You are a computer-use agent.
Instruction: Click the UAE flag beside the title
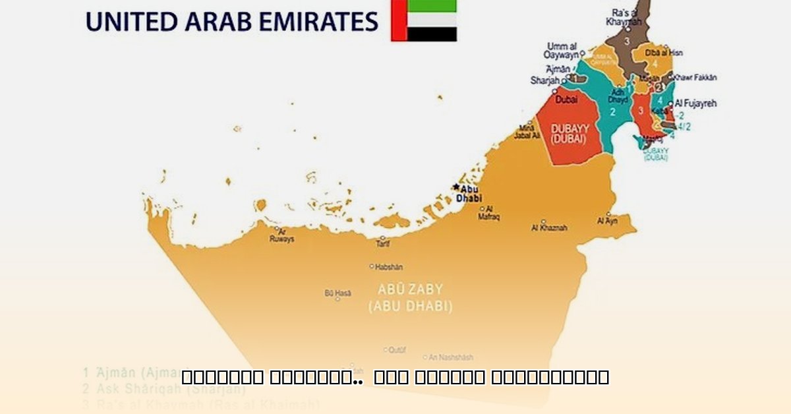pos(424,20)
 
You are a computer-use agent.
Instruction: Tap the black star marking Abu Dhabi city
pos(456,187)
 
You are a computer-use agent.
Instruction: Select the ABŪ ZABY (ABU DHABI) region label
pos(410,298)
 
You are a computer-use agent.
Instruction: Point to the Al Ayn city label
pos(606,221)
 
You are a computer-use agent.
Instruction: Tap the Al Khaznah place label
pos(549,227)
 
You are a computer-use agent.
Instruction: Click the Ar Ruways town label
pos(281,235)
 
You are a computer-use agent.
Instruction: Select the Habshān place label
pos(388,267)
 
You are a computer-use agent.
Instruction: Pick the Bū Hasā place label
pos(337,293)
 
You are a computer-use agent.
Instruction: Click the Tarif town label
pos(382,243)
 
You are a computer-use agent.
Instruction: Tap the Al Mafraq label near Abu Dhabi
pos(488,213)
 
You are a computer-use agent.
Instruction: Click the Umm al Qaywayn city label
pos(561,51)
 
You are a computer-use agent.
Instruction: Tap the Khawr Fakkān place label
pos(695,77)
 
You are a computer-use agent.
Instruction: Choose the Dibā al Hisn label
pos(663,52)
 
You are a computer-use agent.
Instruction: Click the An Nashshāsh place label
pos(450,357)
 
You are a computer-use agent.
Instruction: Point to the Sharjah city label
pos(544,80)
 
